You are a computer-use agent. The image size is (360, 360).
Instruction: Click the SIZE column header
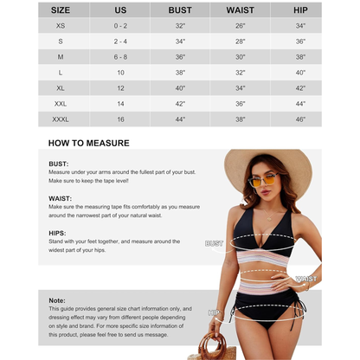pos(61,10)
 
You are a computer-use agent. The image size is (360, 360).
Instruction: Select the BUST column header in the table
pos(180,10)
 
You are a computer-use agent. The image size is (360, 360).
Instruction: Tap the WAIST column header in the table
pos(240,10)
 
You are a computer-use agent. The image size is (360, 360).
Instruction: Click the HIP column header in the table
pos(300,10)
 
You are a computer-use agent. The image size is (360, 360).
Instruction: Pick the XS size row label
pos(61,26)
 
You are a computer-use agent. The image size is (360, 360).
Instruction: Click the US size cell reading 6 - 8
pos(120,56)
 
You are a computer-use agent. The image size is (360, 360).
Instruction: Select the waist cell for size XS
pos(240,26)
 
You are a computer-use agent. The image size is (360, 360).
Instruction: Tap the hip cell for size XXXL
pos(300,118)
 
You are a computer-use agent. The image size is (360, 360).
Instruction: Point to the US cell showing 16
pos(120,118)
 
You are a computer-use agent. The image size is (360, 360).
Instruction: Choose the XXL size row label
pos(61,102)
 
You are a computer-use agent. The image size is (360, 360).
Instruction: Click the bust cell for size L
pos(180,72)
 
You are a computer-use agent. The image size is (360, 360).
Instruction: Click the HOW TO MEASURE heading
pos(88,143)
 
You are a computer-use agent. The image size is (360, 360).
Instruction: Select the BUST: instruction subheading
pos(59,163)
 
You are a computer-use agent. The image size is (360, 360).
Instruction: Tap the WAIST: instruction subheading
pos(61,197)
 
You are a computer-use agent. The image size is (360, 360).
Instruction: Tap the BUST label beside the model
pos(214,244)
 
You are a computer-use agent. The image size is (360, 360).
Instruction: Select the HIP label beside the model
pos(214,312)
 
